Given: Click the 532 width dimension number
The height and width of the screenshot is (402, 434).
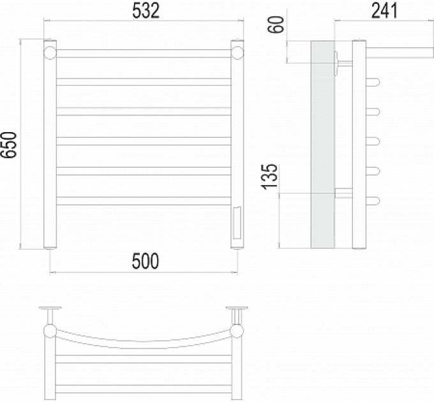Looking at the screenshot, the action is pos(146,11).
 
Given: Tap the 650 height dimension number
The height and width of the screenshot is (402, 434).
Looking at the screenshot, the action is pos(8,145).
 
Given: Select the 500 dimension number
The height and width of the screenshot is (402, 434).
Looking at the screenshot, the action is pos(146,261).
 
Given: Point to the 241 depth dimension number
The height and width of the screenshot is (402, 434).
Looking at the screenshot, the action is pos(384,11).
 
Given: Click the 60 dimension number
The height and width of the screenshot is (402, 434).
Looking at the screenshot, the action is pos(276,24).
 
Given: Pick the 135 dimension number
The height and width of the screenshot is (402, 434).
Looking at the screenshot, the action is pos(269,177).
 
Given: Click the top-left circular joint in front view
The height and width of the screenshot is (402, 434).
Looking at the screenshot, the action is pos(50,53).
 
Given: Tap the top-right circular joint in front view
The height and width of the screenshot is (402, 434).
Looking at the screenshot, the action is pos(237,53).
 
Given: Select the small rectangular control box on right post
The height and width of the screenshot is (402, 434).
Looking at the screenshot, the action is pos(237,223).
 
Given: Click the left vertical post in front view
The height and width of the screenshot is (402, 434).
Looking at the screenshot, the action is pos(50,144).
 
